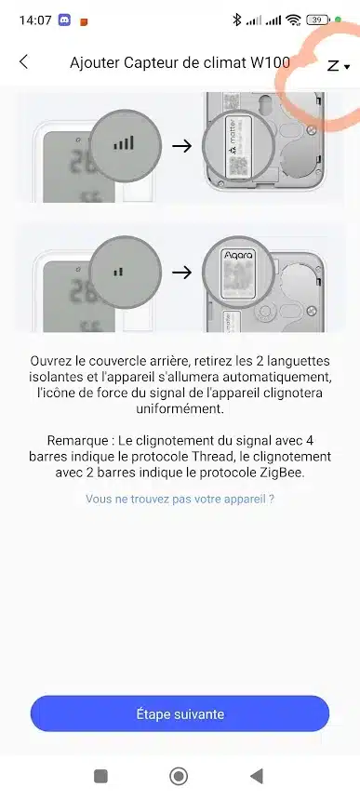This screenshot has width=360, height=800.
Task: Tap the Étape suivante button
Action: pos(180,713)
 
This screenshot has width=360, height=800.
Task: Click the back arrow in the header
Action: pos(23,62)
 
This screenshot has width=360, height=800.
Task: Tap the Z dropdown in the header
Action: pos(339,66)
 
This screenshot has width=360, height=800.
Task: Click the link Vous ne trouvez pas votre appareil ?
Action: pos(180,499)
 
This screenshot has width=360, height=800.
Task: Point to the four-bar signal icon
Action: pos(124,143)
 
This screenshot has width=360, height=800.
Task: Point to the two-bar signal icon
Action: pos(118,273)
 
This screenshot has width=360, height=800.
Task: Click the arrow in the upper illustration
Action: pos(181,146)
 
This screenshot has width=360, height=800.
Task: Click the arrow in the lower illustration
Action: pos(181,273)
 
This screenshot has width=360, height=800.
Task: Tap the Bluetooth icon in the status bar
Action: pos(236,20)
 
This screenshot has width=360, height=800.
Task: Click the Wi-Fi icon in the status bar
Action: pos(293,20)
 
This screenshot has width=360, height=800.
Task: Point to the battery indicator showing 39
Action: pos(318,20)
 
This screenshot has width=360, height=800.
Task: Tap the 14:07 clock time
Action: pos(35,20)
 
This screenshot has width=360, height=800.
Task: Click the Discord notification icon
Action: pos(64,20)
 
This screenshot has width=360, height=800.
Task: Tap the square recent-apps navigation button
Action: pos(101,777)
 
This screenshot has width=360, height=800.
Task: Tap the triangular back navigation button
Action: pos(257,777)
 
